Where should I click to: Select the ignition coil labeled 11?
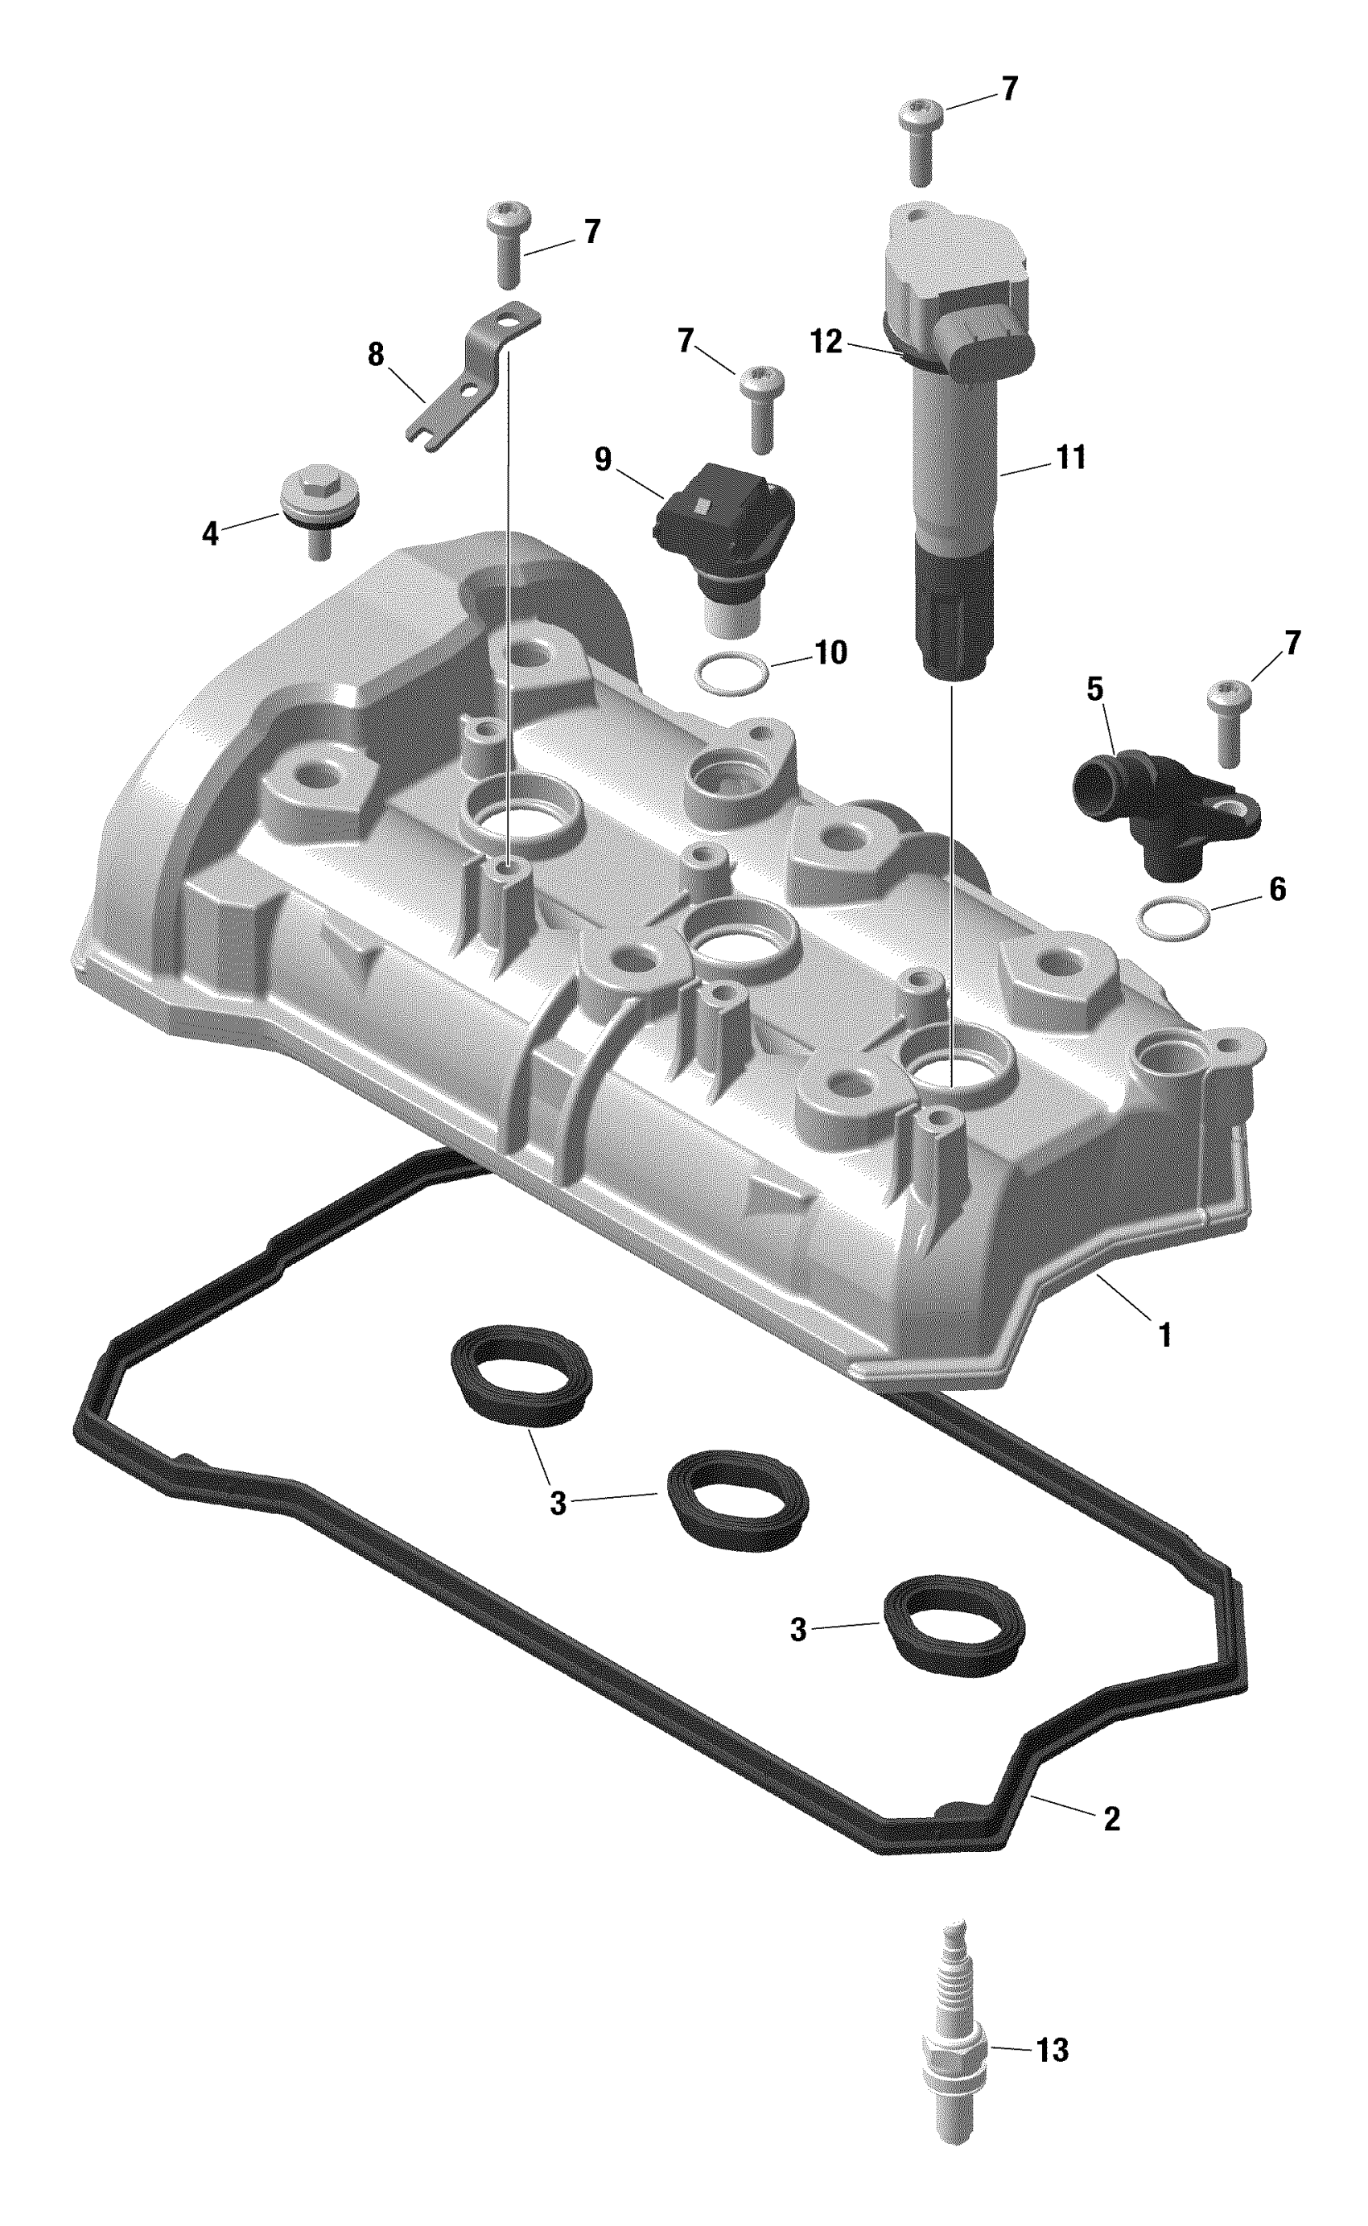(954, 443)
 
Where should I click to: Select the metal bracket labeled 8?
(474, 376)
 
